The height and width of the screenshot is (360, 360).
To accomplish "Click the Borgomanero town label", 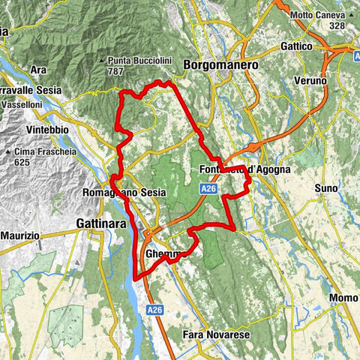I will pos(221,65).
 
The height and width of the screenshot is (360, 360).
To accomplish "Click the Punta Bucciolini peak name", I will pos(137,60).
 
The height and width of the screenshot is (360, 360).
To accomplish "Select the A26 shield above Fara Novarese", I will pos(154,308).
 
